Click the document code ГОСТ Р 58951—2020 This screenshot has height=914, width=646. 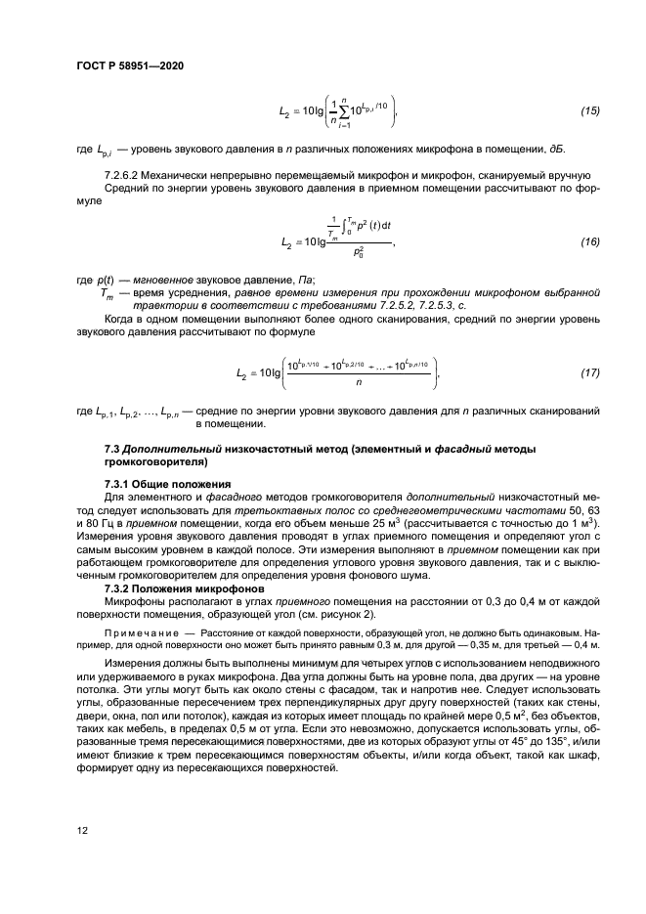click(129, 65)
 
